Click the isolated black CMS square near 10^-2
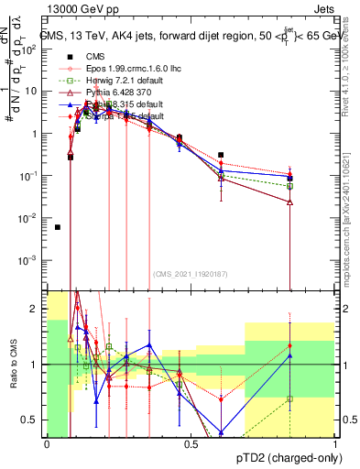[x=58, y=227]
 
